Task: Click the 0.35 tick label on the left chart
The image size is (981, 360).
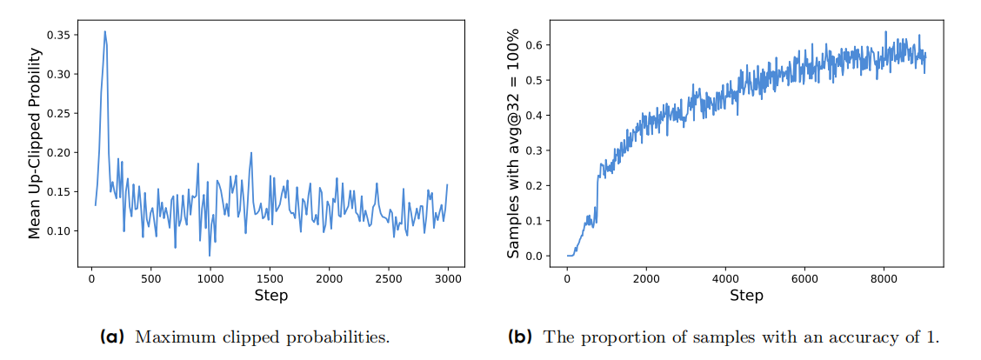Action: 62,36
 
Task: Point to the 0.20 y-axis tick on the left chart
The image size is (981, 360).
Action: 62,153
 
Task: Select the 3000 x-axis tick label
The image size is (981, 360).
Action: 449,278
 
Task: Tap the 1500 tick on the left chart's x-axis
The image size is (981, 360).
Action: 270,278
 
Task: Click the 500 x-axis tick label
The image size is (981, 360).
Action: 151,278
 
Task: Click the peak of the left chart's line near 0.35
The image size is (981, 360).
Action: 105,32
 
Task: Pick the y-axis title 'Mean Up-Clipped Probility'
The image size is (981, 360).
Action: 35,143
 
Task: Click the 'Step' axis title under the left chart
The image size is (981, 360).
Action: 270,296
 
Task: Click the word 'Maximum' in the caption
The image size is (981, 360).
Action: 170,337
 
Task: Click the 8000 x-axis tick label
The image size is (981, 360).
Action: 883,278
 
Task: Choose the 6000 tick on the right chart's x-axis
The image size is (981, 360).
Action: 804,278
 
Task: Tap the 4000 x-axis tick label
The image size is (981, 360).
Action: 725,278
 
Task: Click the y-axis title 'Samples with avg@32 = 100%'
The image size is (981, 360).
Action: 514,143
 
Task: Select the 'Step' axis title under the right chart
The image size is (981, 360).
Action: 746,296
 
